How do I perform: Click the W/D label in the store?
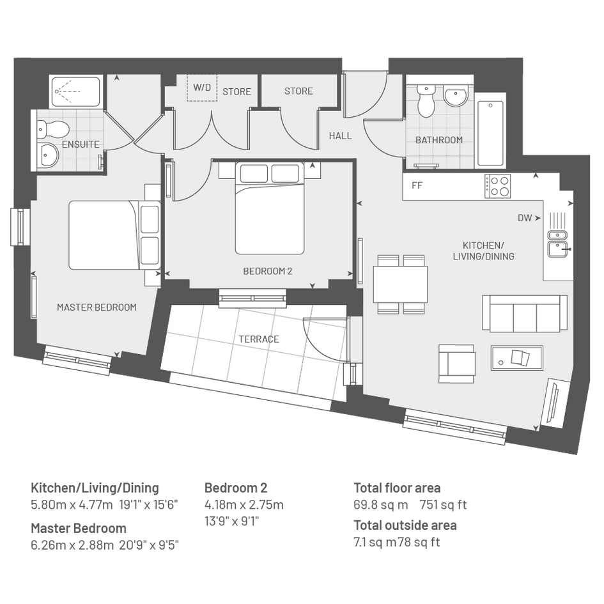[202, 88]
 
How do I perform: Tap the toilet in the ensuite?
[53, 128]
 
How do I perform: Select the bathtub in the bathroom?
[490, 134]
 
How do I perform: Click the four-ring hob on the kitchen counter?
[498, 186]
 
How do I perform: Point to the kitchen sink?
[557, 244]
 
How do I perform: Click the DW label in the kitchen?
[525, 218]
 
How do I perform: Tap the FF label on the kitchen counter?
[417, 185]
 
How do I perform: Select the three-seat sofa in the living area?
[525, 314]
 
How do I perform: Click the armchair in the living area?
[456, 364]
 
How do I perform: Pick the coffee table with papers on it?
[516, 358]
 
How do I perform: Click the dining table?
[400, 284]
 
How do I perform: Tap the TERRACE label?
[259, 339]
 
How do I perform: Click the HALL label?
[341, 136]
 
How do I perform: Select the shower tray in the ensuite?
[75, 91]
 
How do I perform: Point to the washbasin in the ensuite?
[48, 155]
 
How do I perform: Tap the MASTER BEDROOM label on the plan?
[97, 307]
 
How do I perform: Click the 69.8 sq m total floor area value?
[380, 505]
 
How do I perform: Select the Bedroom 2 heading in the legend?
[236, 488]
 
